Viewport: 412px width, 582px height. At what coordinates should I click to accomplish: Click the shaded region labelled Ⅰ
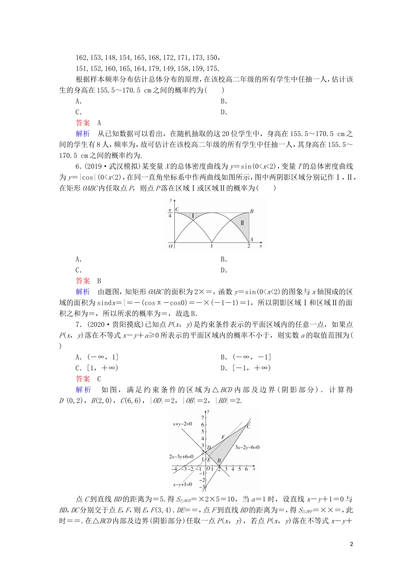193,215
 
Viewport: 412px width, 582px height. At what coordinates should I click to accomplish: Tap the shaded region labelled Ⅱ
242,223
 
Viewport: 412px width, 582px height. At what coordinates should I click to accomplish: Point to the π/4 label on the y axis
170,213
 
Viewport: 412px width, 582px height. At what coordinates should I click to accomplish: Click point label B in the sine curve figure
252,211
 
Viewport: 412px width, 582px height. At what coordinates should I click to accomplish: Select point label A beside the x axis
252,239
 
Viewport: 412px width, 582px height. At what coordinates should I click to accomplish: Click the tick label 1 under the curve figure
212,246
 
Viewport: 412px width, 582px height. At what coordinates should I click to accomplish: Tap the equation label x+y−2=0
182,424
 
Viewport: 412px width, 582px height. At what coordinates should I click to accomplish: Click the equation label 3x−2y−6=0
247,447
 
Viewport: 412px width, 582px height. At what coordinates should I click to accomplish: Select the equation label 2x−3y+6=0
181,456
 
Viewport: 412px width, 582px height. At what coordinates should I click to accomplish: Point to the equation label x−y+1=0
182,485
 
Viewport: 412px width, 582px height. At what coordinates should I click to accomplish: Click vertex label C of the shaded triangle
248,427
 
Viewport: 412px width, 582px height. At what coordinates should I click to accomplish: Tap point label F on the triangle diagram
223,437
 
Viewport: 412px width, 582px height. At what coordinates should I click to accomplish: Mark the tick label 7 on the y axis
203,417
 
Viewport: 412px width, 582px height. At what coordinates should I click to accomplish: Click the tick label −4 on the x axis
174,469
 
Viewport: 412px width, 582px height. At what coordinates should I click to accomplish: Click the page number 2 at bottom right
351,544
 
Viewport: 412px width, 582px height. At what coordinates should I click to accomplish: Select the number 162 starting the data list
81,58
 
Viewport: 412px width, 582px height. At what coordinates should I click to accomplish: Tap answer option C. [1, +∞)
97,368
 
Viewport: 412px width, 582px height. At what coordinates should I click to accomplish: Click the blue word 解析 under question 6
83,292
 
